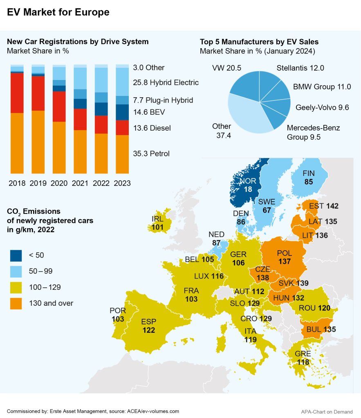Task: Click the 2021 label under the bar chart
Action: (x=80, y=183)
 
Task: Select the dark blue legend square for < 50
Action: (x=16, y=256)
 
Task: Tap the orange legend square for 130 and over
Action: (x=16, y=303)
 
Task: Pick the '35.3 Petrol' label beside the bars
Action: (x=151, y=153)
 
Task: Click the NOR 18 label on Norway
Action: (x=248, y=185)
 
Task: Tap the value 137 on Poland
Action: (x=284, y=261)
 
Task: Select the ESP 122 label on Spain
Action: (x=149, y=326)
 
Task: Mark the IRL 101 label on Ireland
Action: (x=158, y=223)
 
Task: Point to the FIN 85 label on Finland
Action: (x=309, y=178)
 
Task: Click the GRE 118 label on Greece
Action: (x=303, y=358)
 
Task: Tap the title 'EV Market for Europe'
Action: (x=58, y=12)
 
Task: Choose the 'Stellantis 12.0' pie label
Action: (x=300, y=68)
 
